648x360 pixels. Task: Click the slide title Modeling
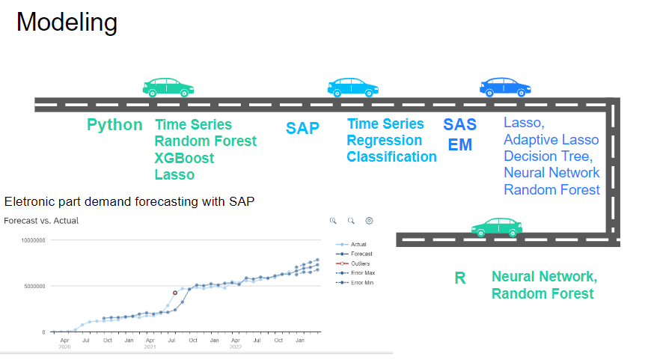67,22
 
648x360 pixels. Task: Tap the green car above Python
168,88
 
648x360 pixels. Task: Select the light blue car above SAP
352,88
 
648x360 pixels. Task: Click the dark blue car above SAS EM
505,87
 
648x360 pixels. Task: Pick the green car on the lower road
497,227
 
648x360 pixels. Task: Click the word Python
114,125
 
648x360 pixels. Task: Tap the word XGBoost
184,158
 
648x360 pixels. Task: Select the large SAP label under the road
302,128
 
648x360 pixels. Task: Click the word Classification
391,156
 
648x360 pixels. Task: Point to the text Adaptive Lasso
551,140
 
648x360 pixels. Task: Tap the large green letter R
460,278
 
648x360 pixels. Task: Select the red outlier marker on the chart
175,293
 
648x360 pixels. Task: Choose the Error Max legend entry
355,272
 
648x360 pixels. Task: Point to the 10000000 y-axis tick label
33,240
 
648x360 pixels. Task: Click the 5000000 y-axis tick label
34,286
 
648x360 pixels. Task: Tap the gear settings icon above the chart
369,221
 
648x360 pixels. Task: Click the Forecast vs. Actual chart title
41,221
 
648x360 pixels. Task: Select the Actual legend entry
351,244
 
